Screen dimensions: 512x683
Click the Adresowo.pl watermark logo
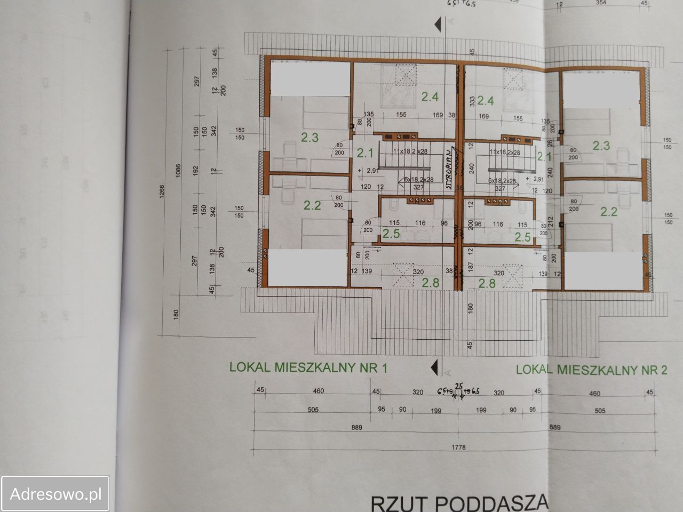point(55,494)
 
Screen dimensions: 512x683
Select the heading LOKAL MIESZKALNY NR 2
point(592,369)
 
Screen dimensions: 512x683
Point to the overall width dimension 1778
point(458,447)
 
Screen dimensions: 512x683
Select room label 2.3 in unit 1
point(309,138)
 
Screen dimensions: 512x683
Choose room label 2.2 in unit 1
point(312,205)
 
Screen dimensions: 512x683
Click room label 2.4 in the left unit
point(430,97)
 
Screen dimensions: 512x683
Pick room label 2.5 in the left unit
point(391,234)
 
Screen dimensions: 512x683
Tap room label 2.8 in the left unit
point(431,283)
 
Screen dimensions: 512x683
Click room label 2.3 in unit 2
point(601,145)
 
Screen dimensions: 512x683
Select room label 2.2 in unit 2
point(609,212)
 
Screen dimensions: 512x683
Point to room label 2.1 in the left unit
point(364,154)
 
